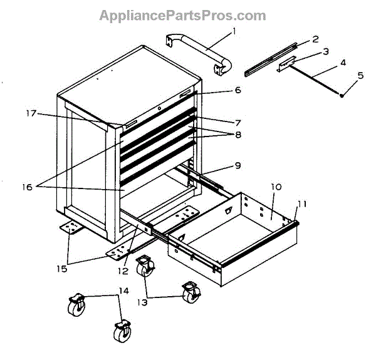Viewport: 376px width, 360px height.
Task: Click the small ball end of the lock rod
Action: click(342, 96)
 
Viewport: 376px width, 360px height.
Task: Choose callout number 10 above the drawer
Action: click(277, 187)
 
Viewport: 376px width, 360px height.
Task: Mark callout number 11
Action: click(302, 203)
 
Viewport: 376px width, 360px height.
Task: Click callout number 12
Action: click(123, 271)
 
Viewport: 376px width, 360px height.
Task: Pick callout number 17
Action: click(29, 113)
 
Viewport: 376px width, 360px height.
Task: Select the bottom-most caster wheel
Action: click(120, 332)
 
